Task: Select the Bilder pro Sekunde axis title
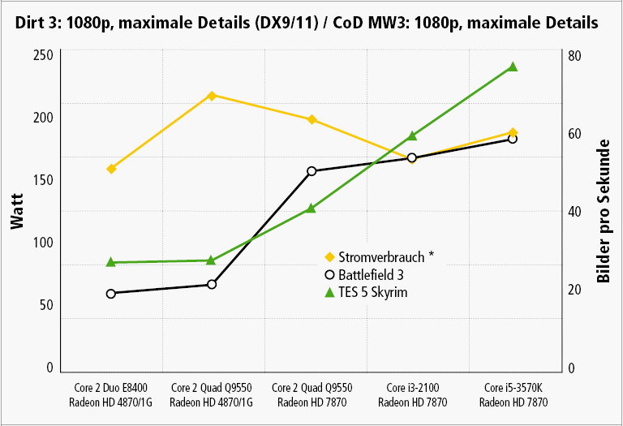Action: click(604, 211)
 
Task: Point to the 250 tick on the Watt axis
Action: click(43, 55)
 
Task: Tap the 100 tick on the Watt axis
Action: click(43, 243)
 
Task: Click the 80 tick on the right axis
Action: click(572, 56)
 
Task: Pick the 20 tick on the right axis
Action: click(572, 290)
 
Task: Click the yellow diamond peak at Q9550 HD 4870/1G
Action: click(212, 96)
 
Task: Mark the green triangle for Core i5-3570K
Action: click(513, 67)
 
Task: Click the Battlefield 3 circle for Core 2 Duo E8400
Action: click(111, 293)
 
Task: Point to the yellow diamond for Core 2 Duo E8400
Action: click(111, 169)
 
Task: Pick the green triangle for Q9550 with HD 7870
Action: click(311, 209)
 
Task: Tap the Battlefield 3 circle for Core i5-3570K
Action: click(513, 139)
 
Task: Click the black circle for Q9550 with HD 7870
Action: click(311, 171)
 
